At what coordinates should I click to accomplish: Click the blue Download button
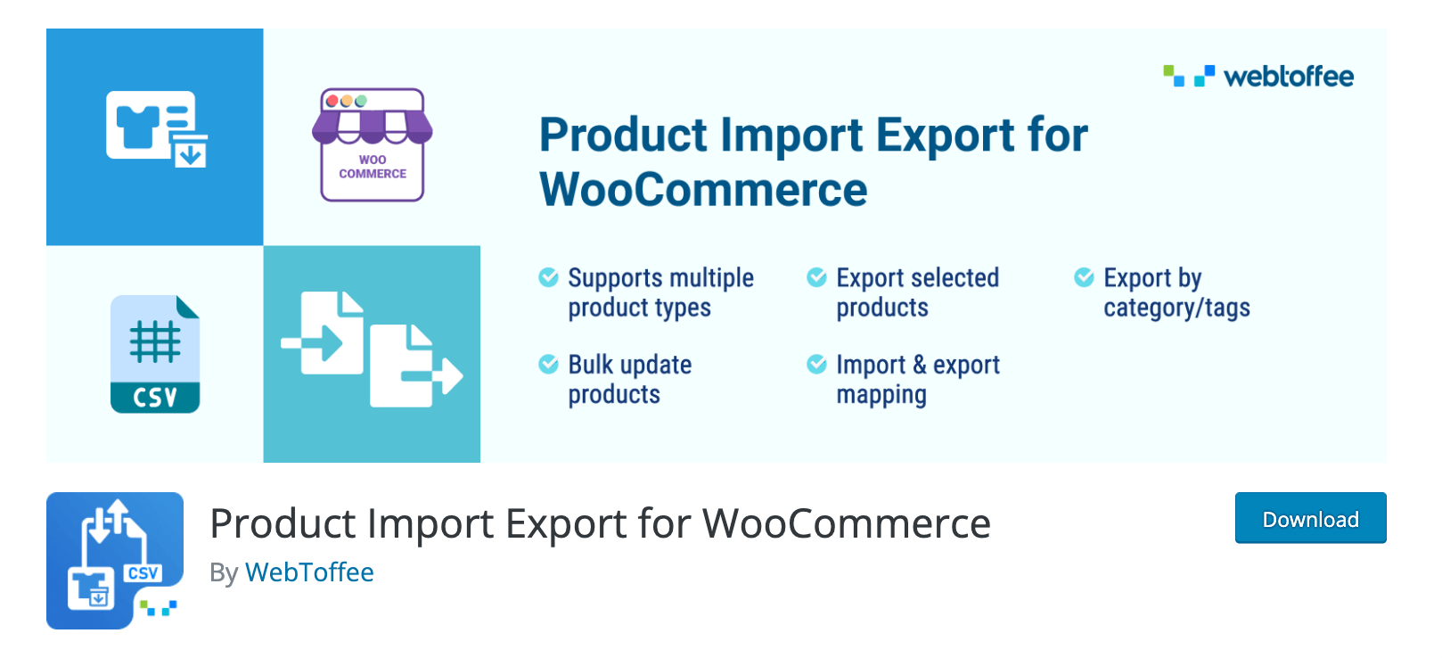pos(1310,518)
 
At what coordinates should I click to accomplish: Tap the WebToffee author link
pos(309,572)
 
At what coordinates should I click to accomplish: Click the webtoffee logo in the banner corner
pos(1258,76)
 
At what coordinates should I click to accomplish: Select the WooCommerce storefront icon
pos(373,144)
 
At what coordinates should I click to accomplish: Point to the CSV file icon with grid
pos(155,354)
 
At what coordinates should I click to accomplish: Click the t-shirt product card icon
pos(157,128)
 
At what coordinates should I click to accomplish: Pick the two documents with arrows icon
pos(372,349)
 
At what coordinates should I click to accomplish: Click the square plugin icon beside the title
pos(115,560)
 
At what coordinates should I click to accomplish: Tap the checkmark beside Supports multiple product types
pos(548,277)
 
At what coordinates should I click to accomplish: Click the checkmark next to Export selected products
pos(817,277)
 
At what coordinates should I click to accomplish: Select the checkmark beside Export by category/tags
pos(1084,277)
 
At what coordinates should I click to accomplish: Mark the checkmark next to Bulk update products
pos(548,364)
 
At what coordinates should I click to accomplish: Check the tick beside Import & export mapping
pos(817,364)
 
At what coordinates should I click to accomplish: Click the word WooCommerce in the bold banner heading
pos(703,189)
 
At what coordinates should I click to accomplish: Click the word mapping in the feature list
pos(881,395)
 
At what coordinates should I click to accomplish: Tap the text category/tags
pos(1176,308)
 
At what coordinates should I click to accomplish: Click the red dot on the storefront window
pos(332,101)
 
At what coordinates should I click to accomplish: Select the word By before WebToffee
pos(224,572)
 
